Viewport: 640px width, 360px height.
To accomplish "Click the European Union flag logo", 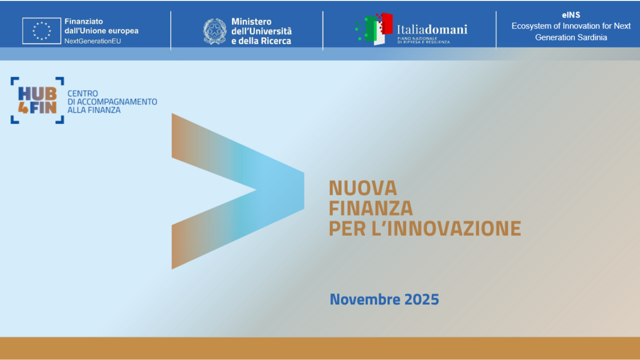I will [x=41, y=30].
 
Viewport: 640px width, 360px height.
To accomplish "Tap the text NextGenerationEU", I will [x=92, y=40].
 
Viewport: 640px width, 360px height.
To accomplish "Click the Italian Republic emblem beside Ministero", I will [x=215, y=31].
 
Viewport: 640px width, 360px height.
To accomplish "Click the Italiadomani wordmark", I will [x=432, y=29].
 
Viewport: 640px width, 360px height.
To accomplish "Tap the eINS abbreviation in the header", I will [x=570, y=15].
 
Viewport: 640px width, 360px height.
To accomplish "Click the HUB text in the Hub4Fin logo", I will [x=37, y=93].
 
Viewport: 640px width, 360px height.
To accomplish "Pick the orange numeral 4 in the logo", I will [x=23, y=107].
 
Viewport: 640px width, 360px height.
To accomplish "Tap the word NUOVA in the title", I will [x=362, y=188].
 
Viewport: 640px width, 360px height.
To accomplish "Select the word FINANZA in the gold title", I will [x=370, y=208].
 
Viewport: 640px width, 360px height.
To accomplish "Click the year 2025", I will [x=421, y=299].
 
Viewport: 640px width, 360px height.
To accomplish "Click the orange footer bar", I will [x=320, y=348].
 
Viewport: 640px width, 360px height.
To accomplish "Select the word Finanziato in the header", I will [x=83, y=22].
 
